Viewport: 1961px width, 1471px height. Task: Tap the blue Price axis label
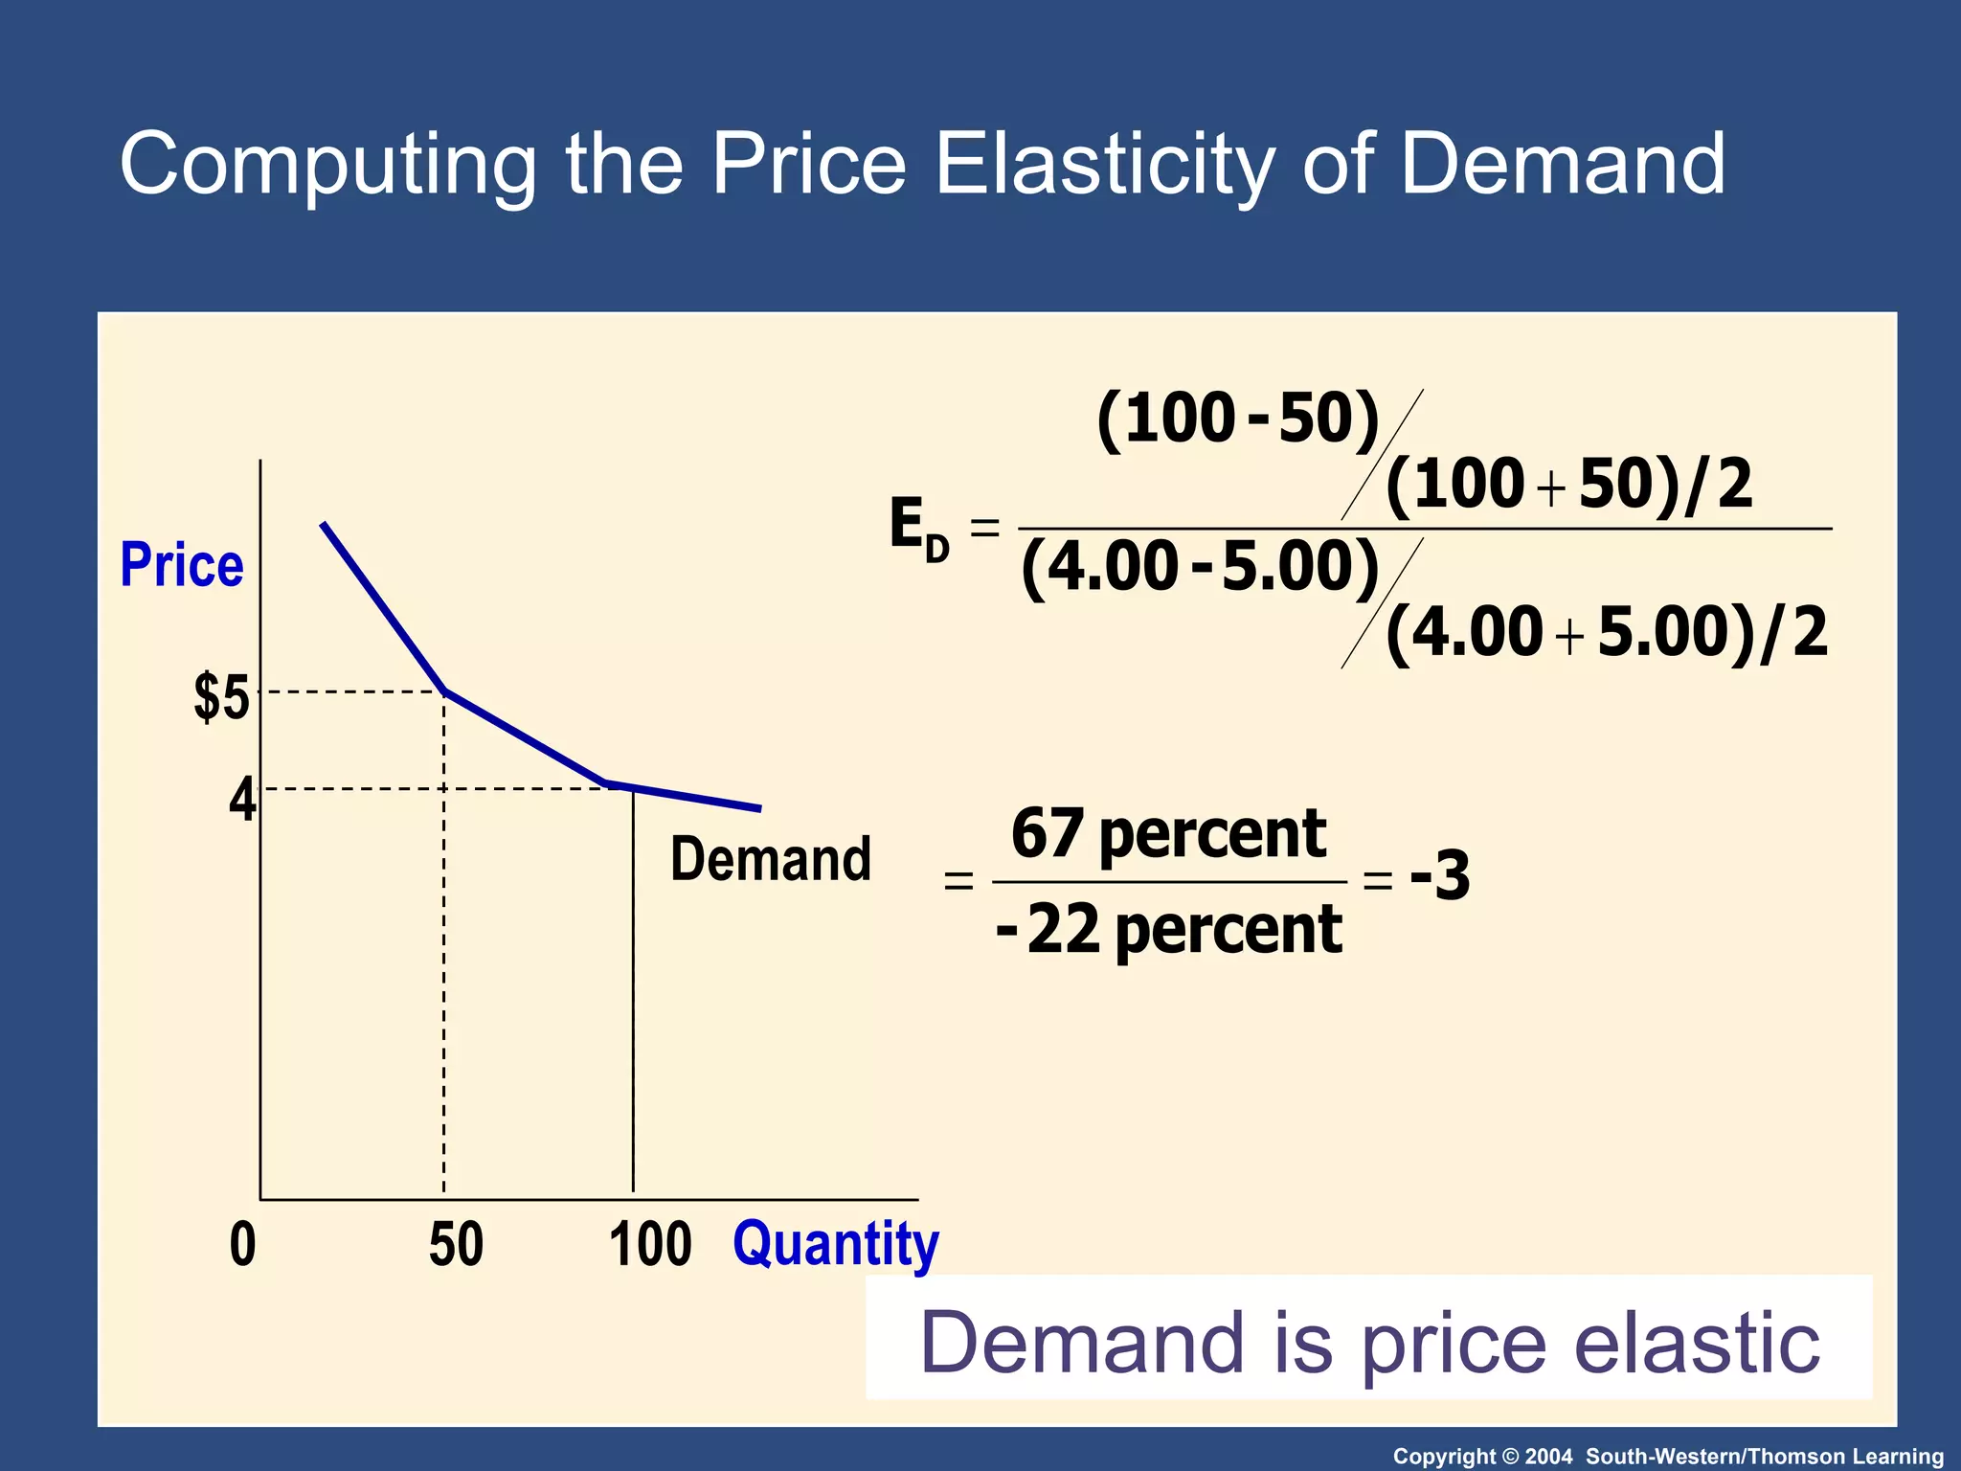[x=182, y=565]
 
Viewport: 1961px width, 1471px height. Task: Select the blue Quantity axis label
[x=836, y=1244]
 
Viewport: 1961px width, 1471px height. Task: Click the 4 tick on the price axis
[x=242, y=800]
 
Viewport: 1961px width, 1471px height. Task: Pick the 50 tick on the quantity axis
[x=456, y=1244]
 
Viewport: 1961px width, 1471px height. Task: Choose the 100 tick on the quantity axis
[x=650, y=1244]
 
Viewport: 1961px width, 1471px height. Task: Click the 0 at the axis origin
[x=243, y=1244]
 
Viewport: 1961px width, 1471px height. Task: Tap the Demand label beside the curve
[x=771, y=859]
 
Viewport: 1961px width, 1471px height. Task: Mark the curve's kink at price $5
[x=445, y=690]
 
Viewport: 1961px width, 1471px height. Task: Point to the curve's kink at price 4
[x=607, y=784]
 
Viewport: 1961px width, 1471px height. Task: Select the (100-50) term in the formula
[x=1238, y=419]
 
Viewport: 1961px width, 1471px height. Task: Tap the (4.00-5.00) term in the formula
[x=1201, y=567]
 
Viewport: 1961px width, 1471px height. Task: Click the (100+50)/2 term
[x=1568, y=485]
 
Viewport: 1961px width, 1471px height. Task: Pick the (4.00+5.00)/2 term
[x=1607, y=633]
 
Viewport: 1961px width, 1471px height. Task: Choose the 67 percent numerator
[x=1169, y=834]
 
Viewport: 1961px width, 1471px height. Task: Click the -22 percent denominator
[x=1169, y=930]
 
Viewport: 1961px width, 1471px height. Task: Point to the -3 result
[x=1440, y=875]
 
